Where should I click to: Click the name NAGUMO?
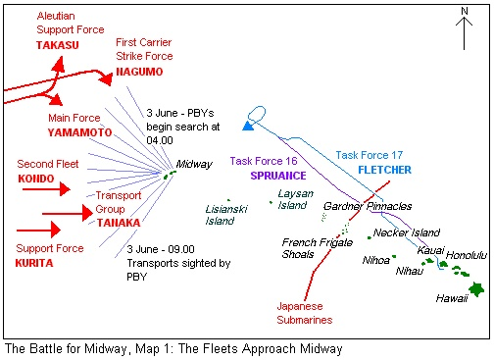point(139,72)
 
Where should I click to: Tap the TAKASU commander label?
point(58,45)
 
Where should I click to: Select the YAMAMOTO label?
point(79,132)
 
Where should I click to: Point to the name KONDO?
point(36,179)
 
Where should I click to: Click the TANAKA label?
point(119,223)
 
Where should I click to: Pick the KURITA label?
point(34,263)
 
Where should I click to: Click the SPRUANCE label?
point(278,176)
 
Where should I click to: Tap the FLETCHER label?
point(384,170)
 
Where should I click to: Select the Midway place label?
point(194,164)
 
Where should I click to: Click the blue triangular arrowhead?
point(249,126)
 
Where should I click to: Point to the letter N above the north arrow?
point(465,11)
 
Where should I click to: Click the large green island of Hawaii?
point(476,288)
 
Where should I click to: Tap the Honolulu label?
point(467,255)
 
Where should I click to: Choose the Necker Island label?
point(407,232)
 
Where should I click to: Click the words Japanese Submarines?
point(305,313)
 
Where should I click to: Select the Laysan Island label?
point(295,199)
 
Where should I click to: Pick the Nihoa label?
point(376,260)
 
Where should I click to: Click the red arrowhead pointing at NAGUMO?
point(106,78)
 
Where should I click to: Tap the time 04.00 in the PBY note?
point(160,140)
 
